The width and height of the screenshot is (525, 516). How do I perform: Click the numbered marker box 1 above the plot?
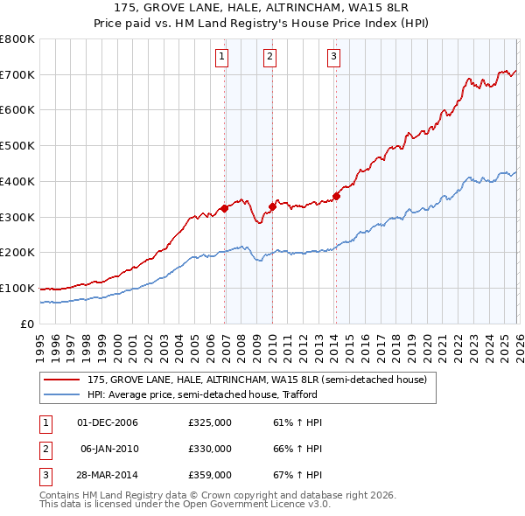(222, 58)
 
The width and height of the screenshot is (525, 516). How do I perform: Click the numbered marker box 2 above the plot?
(269, 58)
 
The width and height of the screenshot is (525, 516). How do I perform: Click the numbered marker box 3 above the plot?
(333, 58)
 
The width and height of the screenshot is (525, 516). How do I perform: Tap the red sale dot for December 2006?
(225, 208)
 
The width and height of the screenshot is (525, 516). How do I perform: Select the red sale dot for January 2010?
(272, 206)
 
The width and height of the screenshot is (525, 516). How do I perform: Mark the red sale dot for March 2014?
(337, 196)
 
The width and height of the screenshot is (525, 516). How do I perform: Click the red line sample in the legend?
(62, 380)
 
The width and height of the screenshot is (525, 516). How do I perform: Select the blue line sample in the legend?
(62, 395)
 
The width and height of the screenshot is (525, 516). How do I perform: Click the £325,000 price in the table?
(210, 422)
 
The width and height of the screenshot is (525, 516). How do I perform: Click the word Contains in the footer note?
(62, 495)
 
